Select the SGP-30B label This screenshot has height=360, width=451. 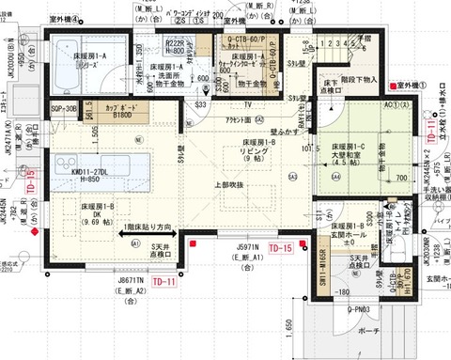[x=63, y=110]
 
